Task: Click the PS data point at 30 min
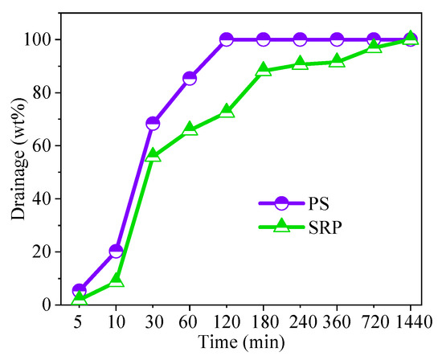click(x=153, y=123)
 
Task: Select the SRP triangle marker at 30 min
click(x=153, y=155)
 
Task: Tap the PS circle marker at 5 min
click(x=79, y=290)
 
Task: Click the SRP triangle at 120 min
click(x=227, y=111)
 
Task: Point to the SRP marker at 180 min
click(x=263, y=70)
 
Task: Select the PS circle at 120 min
click(x=227, y=39)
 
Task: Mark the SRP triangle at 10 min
click(x=116, y=280)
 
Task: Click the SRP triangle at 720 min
click(x=374, y=47)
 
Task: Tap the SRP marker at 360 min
click(x=337, y=61)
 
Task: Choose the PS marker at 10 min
click(x=116, y=251)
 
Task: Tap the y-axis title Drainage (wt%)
click(x=17, y=171)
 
